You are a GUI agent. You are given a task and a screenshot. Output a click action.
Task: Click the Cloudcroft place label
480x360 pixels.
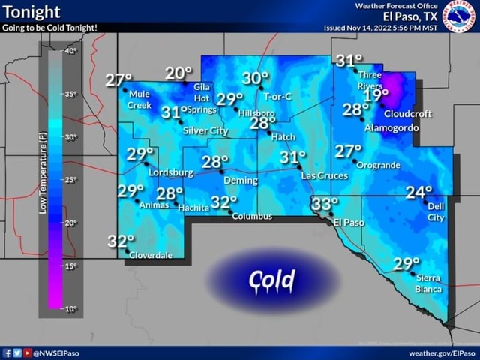coord(407,115)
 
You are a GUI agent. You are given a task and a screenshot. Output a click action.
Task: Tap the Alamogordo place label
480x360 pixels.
coord(389,128)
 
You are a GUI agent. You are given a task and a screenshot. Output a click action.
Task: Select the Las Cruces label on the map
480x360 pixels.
coord(323,175)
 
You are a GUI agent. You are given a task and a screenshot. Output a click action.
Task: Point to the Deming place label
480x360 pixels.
coord(241,181)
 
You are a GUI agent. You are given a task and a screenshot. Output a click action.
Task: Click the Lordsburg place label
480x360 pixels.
coord(171,173)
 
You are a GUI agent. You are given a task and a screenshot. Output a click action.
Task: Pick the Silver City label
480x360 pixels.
coord(205,131)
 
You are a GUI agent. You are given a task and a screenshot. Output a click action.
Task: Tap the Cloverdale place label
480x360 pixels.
coord(151,255)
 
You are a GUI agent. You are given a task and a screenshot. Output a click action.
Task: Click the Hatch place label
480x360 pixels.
coord(283,137)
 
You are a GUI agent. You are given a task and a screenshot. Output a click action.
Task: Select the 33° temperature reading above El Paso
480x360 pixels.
coord(325,205)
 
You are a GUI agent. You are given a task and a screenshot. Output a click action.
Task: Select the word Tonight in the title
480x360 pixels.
coord(31,11)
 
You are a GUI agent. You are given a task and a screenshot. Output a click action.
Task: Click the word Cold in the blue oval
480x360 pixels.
coord(273,280)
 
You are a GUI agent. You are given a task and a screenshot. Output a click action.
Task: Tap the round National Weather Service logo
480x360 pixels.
coord(458,14)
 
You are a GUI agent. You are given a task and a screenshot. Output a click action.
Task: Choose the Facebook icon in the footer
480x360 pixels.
coord(7,352)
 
